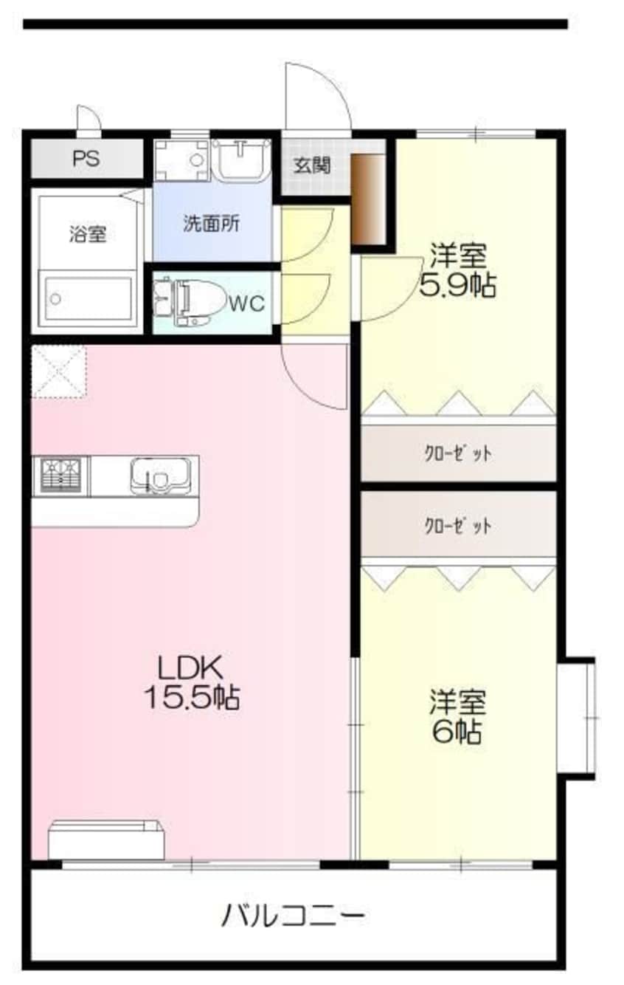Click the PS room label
[86, 159]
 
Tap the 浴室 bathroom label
[88, 235]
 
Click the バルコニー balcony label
[293, 916]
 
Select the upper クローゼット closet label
[457, 453]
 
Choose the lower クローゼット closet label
[457, 526]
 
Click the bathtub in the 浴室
[88, 298]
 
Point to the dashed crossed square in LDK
[58, 371]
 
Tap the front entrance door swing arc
[319, 96]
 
